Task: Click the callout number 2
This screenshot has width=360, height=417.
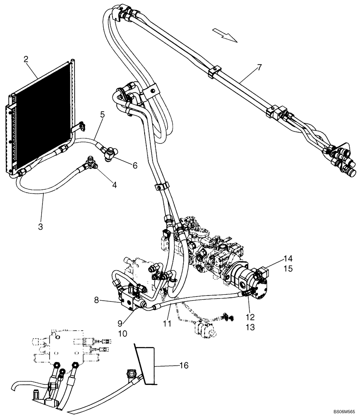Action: [26, 59]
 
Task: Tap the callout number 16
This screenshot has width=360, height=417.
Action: [183, 366]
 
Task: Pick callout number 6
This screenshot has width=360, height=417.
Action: [135, 166]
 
